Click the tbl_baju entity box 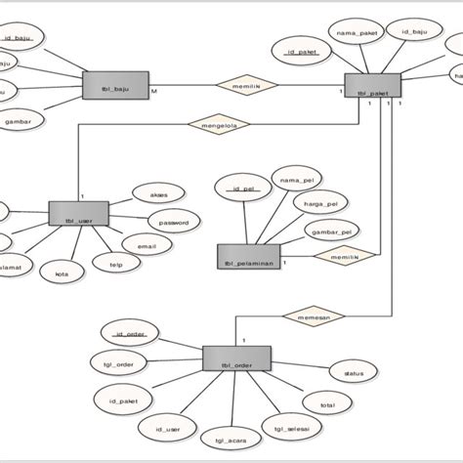(116, 85)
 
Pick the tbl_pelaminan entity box (248, 257)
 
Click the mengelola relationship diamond (219, 124)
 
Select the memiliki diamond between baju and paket (245, 85)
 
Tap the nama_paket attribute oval (355, 30)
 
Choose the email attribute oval (146, 247)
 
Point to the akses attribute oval (158, 193)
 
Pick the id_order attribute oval (130, 334)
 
